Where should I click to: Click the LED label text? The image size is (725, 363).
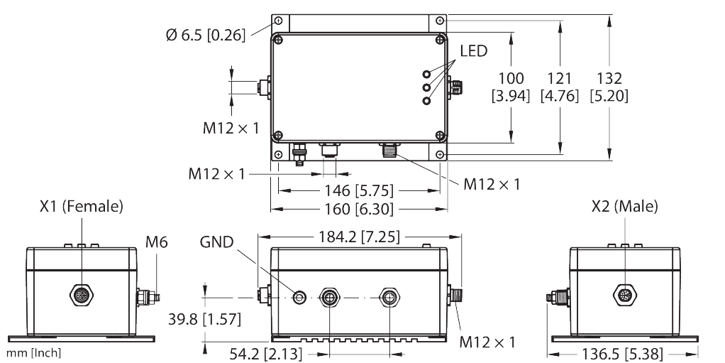473,51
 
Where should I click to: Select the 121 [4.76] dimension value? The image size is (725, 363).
560,87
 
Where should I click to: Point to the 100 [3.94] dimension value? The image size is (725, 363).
511,87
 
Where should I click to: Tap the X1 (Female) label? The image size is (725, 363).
81,207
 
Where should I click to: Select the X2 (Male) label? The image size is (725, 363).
624,207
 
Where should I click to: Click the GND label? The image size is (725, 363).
217,242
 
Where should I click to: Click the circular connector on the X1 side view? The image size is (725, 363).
81,293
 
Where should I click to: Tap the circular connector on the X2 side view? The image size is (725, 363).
624,293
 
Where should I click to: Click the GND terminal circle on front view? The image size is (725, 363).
301,296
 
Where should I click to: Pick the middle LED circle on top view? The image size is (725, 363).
427,87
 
